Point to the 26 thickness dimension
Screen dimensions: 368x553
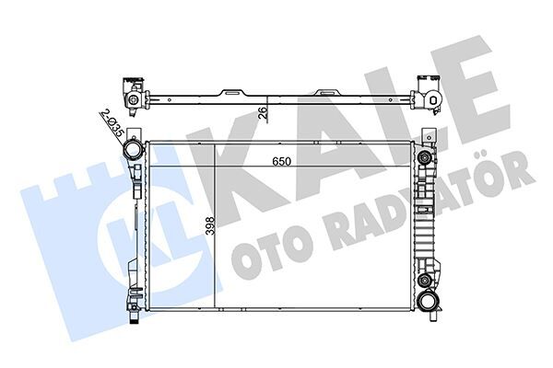263,114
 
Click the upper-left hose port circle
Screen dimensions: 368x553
134,149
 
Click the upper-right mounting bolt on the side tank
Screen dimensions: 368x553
425,157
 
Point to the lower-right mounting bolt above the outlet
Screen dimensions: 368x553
425,280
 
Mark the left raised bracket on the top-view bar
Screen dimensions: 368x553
228,92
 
